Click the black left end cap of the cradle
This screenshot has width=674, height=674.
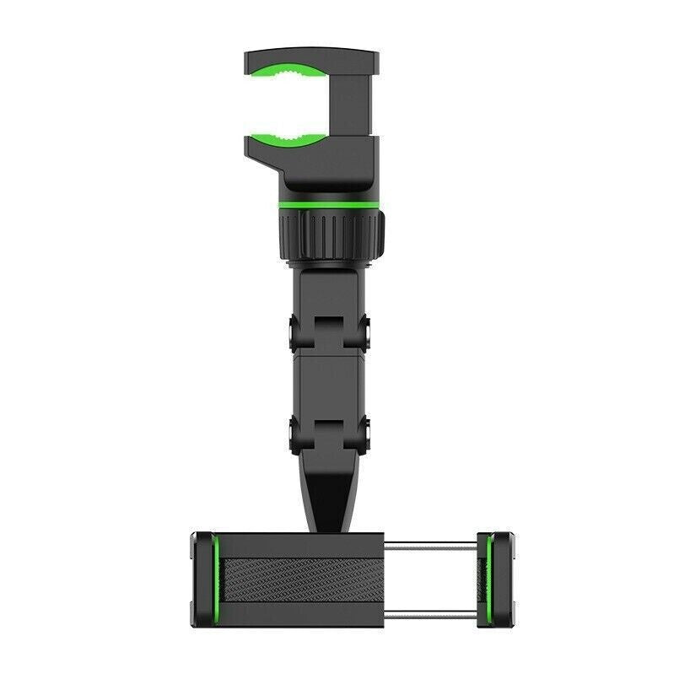(201, 579)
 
